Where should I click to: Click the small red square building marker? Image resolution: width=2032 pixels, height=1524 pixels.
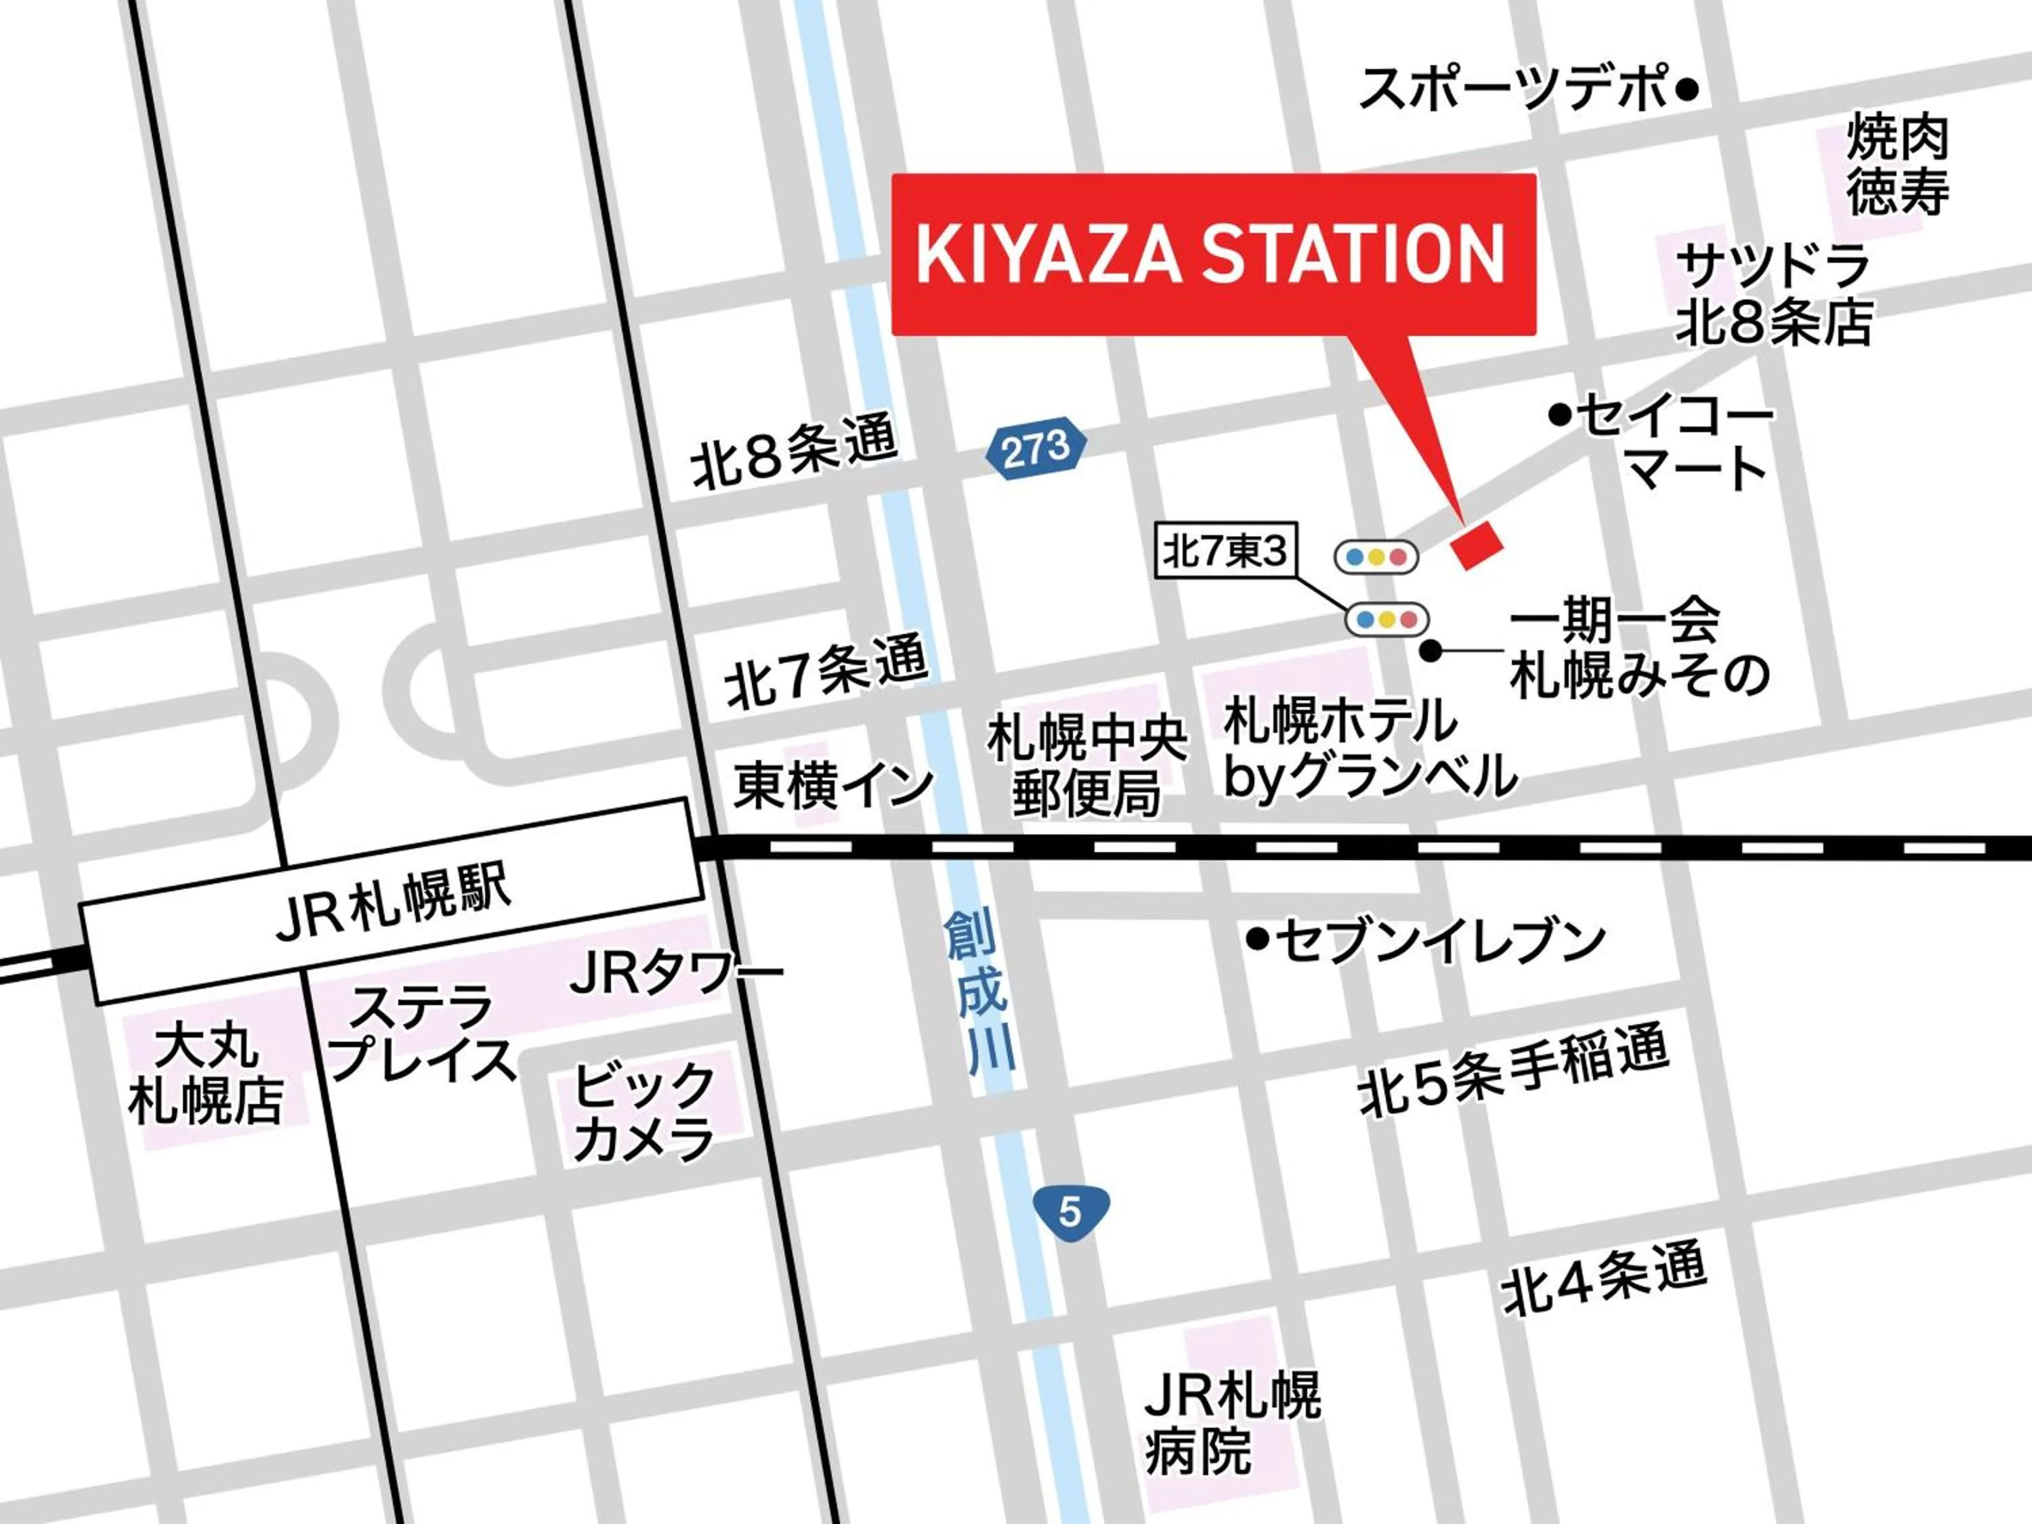[x=1476, y=544]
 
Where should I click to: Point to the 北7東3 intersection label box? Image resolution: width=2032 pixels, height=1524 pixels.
[x=1225, y=551]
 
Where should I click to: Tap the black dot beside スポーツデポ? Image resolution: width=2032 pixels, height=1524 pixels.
[x=1687, y=90]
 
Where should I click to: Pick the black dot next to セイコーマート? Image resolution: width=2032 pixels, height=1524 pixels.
[x=1559, y=415]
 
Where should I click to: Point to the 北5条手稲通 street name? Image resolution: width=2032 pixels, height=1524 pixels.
[x=1513, y=1070]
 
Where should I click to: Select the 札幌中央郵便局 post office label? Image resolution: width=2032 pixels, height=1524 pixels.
[x=1086, y=766]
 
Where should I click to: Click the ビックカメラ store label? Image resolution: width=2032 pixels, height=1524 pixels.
[x=643, y=1112]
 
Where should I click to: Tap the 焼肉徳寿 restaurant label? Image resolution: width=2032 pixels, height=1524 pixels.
[x=1898, y=165]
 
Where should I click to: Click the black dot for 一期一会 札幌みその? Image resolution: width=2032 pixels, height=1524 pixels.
[x=1431, y=650]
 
